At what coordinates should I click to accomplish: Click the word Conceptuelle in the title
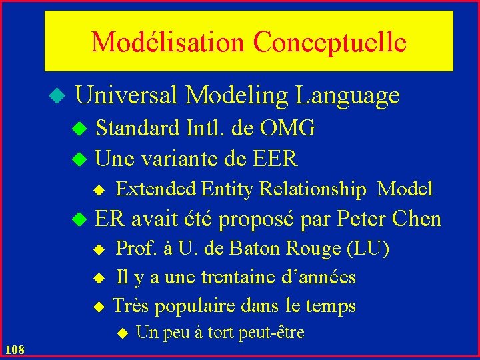(x=329, y=42)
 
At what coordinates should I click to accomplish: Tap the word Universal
(x=127, y=96)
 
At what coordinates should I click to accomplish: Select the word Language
(x=347, y=96)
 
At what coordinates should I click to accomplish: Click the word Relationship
(x=313, y=189)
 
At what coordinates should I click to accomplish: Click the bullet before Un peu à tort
(x=121, y=333)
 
